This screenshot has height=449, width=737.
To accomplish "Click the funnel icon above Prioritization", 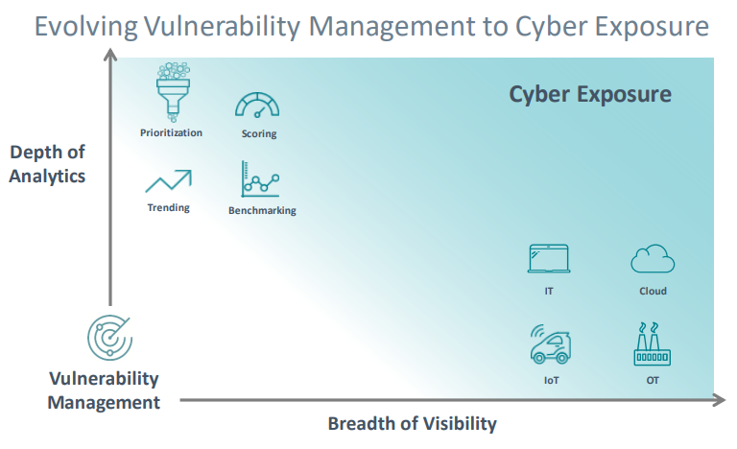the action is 173,92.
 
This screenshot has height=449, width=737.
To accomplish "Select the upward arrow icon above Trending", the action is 169,181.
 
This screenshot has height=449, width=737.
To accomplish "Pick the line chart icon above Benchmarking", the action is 260,179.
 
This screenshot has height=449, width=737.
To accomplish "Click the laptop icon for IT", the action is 549,259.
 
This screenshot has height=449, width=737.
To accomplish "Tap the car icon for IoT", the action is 550,344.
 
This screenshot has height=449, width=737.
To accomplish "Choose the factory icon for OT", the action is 652,344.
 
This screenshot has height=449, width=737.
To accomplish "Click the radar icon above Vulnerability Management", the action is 109,337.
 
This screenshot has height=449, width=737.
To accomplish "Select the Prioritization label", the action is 171,132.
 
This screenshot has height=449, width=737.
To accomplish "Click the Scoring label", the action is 259,133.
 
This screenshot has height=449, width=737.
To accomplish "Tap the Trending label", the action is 168,207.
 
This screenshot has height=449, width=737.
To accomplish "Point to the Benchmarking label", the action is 262,210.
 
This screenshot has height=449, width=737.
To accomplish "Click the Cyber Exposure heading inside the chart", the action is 590,95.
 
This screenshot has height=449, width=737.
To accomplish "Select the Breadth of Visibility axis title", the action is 413,424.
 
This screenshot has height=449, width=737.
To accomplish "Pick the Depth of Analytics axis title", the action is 47,164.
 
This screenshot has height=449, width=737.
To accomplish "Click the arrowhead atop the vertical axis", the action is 110,54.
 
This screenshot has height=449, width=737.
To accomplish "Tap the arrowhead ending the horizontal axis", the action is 720,400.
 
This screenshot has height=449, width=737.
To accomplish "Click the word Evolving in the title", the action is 86,26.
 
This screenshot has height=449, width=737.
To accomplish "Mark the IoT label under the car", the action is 552,380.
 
